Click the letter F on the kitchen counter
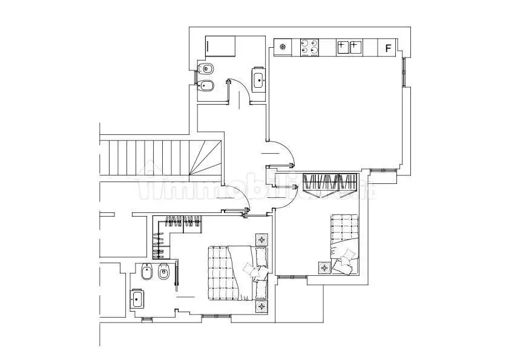coord(388,48)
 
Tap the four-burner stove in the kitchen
coord(310,47)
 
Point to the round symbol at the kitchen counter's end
coord(284,47)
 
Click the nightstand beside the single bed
coord(324,266)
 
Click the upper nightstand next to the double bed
coord(261,240)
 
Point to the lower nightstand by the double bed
coord(261,307)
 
